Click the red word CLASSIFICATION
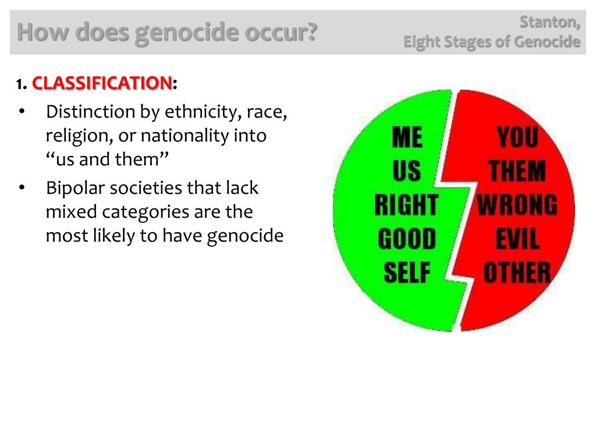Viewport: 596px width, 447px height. [102, 83]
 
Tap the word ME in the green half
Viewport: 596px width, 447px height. [407, 138]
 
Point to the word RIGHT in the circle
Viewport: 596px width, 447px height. [406, 205]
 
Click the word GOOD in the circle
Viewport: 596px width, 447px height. [406, 239]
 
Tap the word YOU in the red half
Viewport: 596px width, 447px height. [517, 139]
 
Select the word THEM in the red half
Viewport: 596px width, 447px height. [517, 172]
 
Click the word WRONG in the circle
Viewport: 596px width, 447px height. [517, 205]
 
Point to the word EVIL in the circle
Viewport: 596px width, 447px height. [517, 239]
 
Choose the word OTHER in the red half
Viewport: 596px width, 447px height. [517, 272]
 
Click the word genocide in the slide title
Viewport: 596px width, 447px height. [187, 33]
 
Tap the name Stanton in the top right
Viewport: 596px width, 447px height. [549, 22]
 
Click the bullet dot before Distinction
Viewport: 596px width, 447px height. [22, 111]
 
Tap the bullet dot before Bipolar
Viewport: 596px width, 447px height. [22, 187]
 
